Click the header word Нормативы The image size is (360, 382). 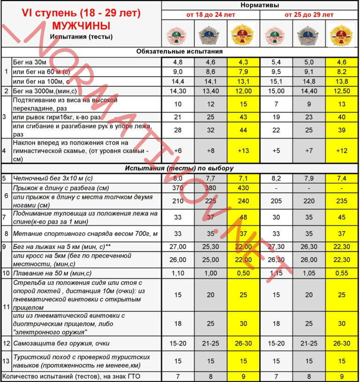pos(260,5)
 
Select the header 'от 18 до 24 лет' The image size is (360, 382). pos(210,15)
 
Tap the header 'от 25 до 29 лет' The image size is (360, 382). pos(309,15)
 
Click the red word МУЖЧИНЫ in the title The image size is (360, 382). pos(82,25)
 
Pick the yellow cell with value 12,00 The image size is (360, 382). pos(243,91)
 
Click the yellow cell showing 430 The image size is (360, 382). pos(243,188)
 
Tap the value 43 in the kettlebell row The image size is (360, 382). pos(243,117)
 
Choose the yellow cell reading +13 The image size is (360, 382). pos(243,150)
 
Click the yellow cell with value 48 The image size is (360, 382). pos(243,217)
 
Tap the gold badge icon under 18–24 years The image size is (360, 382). pos(243,33)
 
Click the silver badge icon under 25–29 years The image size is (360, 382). pos(309,33)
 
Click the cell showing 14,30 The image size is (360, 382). pos(178,91)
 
